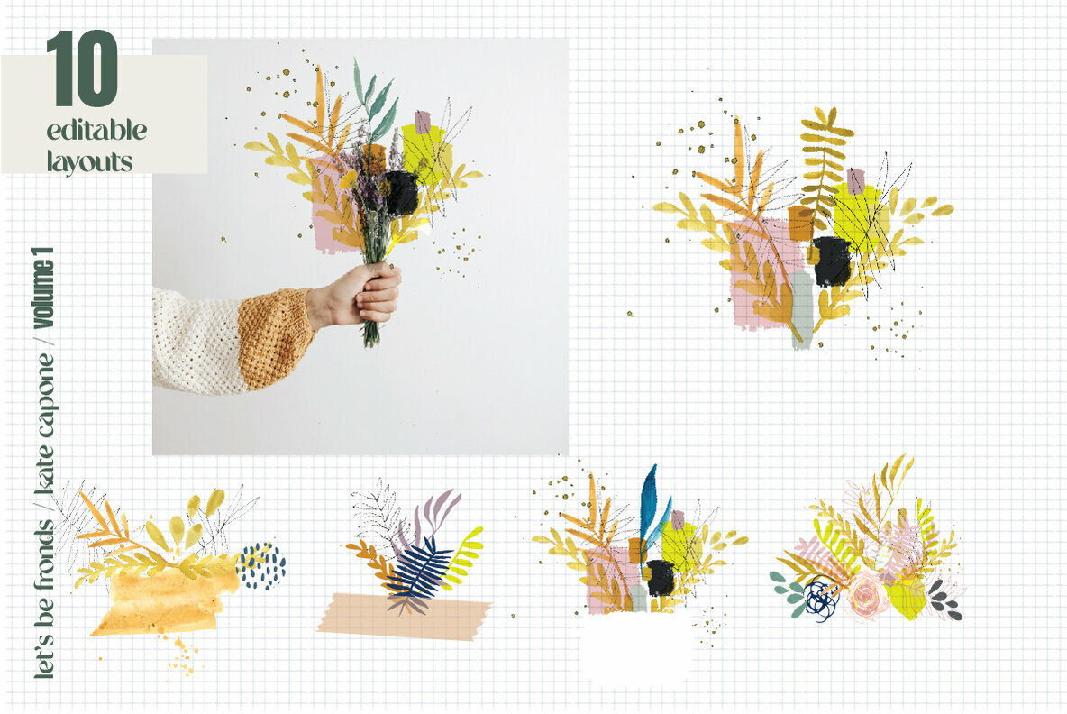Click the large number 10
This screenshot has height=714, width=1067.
(x=82, y=69)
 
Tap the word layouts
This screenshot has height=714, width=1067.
(x=90, y=160)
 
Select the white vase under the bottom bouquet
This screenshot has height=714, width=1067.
(x=636, y=647)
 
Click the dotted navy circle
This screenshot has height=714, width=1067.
(x=262, y=566)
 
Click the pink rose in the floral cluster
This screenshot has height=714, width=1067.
(x=866, y=595)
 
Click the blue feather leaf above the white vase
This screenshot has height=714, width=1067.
(x=649, y=503)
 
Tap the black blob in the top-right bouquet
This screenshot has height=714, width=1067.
(x=832, y=261)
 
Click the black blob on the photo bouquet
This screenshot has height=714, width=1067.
(x=401, y=192)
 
